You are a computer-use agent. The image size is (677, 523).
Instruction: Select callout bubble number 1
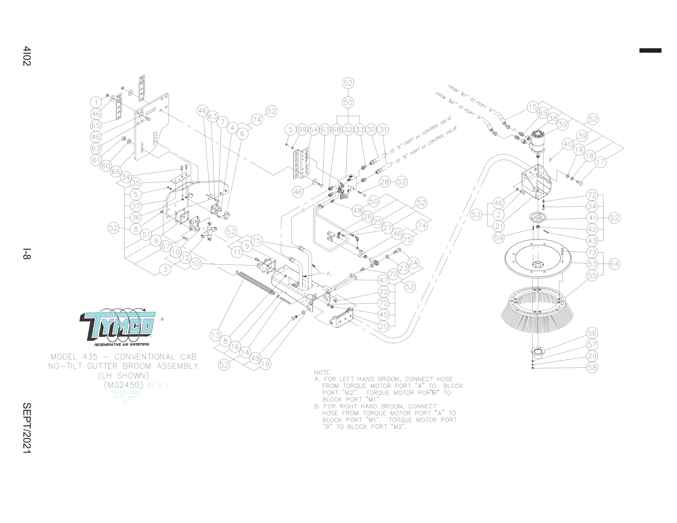tap(96, 102)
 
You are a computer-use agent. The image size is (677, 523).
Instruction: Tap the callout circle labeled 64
tap(615, 264)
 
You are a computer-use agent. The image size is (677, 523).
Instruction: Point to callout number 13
tap(215, 335)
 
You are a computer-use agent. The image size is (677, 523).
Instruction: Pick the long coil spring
tap(255, 282)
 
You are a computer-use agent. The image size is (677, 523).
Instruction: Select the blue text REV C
tap(159, 385)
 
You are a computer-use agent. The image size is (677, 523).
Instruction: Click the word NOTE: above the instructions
tap(323, 373)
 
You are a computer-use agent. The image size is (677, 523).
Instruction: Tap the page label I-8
tap(27, 253)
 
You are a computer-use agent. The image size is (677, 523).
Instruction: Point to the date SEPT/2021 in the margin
tap(27, 428)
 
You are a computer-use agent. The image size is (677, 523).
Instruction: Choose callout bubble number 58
tap(592, 367)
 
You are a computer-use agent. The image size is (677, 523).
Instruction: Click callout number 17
tap(600, 162)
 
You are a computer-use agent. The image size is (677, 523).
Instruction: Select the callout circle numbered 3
tap(165, 269)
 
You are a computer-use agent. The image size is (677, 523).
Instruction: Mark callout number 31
tap(383, 130)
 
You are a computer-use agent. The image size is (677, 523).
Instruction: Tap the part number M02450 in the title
tap(123, 385)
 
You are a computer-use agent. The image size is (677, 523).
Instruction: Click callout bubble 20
tap(383, 326)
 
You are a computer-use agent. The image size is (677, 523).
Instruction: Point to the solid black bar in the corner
tap(650, 50)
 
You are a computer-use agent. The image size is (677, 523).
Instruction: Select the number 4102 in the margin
tap(27, 56)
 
